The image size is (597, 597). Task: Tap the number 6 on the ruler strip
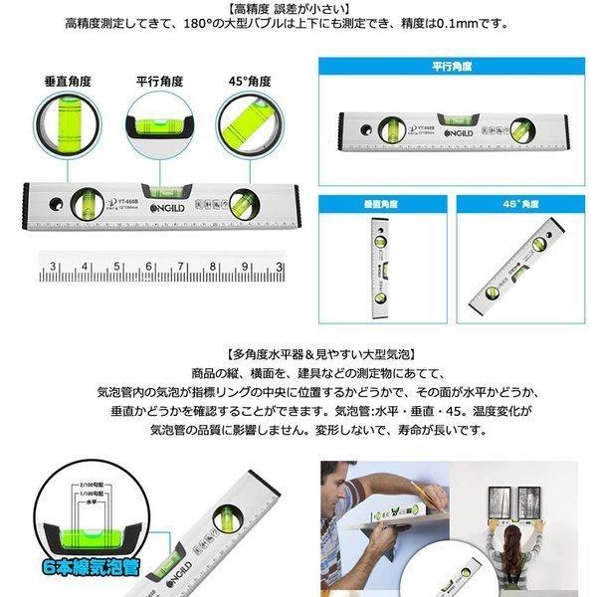150,267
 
